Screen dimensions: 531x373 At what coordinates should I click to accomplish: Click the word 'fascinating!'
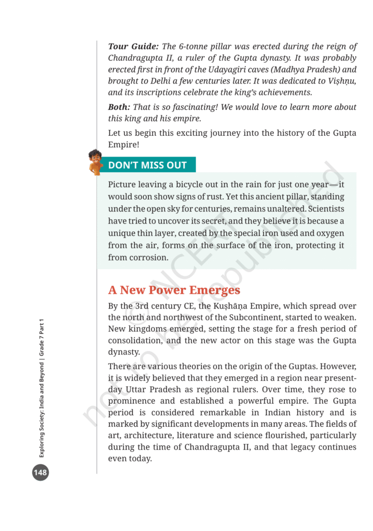pos(197,107)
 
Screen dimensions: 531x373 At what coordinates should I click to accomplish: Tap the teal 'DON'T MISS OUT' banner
pos(147,165)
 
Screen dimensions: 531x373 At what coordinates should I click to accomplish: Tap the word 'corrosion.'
pos(150,257)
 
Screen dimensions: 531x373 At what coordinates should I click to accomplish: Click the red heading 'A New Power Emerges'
pos(174,290)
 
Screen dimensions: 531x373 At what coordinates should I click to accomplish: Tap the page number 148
pos(40,472)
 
